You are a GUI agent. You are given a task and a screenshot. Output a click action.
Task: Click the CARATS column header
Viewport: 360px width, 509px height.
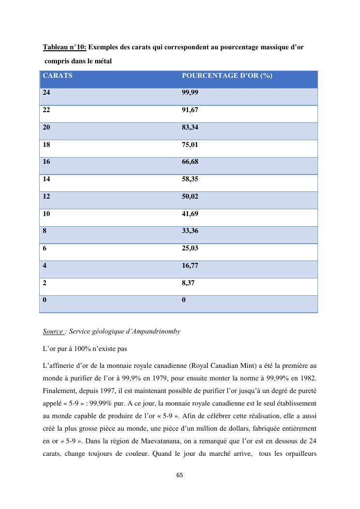58,76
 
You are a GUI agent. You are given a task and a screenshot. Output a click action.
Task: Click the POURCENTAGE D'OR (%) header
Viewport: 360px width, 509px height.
227,76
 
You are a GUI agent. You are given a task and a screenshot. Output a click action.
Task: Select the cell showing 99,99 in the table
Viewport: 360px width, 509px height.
190,93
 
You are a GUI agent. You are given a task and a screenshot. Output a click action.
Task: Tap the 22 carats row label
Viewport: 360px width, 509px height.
46,110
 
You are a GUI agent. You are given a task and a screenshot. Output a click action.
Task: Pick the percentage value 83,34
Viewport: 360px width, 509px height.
190,128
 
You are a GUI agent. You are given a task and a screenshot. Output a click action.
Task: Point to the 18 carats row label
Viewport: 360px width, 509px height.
46,145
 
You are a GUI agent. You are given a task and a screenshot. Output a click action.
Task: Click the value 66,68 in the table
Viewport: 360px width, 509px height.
190,162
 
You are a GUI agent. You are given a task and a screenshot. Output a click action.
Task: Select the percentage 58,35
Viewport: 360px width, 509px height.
190,179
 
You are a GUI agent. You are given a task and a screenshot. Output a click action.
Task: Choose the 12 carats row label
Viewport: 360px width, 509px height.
46,197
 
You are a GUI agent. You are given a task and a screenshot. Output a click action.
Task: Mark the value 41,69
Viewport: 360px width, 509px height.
190,214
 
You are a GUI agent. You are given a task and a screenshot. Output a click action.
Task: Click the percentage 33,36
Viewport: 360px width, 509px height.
190,231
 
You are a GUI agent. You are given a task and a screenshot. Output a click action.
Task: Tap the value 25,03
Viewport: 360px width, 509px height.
190,248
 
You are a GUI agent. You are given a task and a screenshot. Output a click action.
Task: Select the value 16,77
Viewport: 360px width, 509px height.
190,266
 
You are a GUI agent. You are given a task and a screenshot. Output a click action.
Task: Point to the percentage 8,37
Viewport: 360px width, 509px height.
188,283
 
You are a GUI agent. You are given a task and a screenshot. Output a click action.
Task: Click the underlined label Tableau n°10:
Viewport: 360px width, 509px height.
65,47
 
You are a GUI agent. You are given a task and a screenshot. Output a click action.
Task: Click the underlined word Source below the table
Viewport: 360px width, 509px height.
53,332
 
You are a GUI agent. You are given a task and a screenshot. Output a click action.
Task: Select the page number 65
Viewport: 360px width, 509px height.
180,475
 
